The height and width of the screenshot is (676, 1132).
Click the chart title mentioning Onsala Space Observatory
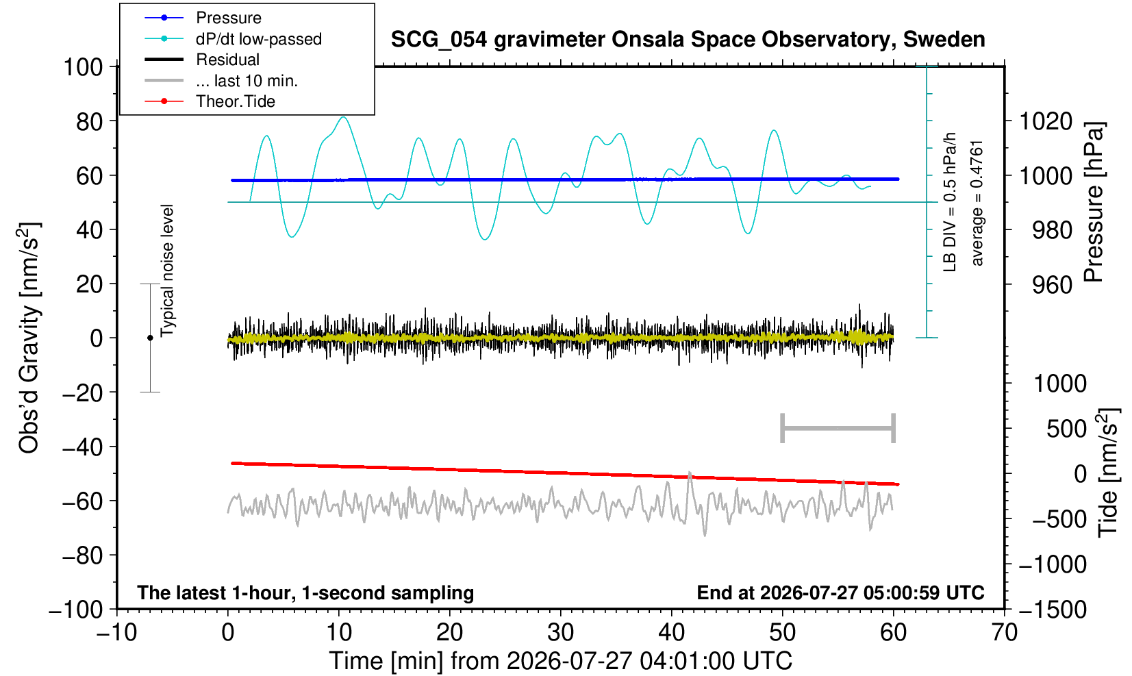(688, 40)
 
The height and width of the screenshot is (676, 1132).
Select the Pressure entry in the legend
(229, 18)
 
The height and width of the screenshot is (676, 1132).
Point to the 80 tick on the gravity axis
(90, 122)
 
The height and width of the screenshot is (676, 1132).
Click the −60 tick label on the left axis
(82, 501)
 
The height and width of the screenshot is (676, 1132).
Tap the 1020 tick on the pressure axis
(1046, 122)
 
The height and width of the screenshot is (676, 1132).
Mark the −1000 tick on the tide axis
(1052, 564)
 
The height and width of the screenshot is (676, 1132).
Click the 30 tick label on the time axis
(560, 633)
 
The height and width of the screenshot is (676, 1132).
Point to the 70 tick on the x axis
(1004, 633)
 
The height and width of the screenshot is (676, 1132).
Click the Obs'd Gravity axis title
(29, 338)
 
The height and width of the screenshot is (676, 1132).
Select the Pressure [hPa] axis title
(1094, 202)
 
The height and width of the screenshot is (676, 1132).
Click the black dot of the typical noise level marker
(150, 338)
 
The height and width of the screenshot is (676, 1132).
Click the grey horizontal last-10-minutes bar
(838, 428)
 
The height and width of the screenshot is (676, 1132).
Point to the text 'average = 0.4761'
(977, 203)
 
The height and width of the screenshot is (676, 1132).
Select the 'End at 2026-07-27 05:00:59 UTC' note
(840, 592)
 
